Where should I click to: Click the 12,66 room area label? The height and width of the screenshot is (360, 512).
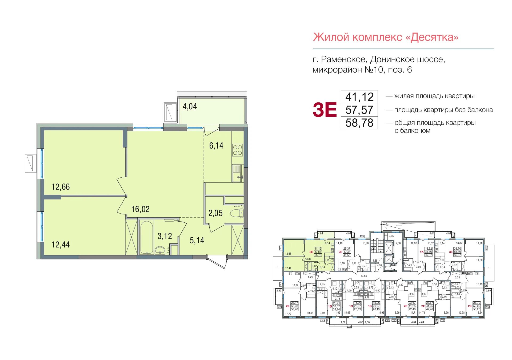click(x=61, y=187)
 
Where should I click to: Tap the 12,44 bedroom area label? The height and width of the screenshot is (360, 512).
click(x=61, y=245)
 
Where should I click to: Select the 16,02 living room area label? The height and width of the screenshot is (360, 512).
click(x=140, y=209)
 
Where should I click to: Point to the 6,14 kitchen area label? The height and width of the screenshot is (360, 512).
click(x=216, y=146)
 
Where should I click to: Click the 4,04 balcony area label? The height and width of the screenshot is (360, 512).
click(x=190, y=106)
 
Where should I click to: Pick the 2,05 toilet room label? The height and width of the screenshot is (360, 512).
click(x=215, y=213)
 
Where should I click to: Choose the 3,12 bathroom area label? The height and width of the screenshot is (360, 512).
click(x=165, y=236)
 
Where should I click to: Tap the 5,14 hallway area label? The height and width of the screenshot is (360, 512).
click(x=197, y=241)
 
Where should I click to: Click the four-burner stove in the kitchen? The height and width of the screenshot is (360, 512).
click(x=237, y=150)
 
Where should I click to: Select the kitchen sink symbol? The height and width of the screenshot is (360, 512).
click(x=237, y=173)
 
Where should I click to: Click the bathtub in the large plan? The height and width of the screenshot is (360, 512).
click(x=146, y=237)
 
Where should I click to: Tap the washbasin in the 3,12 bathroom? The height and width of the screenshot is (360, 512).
click(x=160, y=250)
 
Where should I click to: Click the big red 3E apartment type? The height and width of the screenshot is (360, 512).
click(x=325, y=110)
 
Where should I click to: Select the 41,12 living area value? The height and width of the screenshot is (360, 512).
click(x=359, y=97)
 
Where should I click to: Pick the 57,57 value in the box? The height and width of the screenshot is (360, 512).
click(x=359, y=110)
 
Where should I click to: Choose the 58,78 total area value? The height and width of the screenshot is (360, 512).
click(x=359, y=123)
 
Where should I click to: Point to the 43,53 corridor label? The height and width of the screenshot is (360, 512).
click(x=363, y=276)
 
